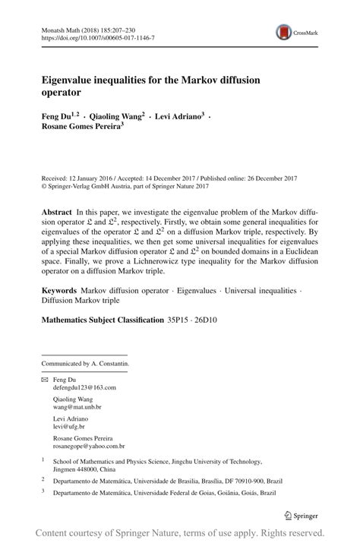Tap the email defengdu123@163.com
[x=84, y=387]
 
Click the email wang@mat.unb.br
[x=77, y=406]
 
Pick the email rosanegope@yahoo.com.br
[x=89, y=447]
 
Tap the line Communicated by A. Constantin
[x=85, y=363]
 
